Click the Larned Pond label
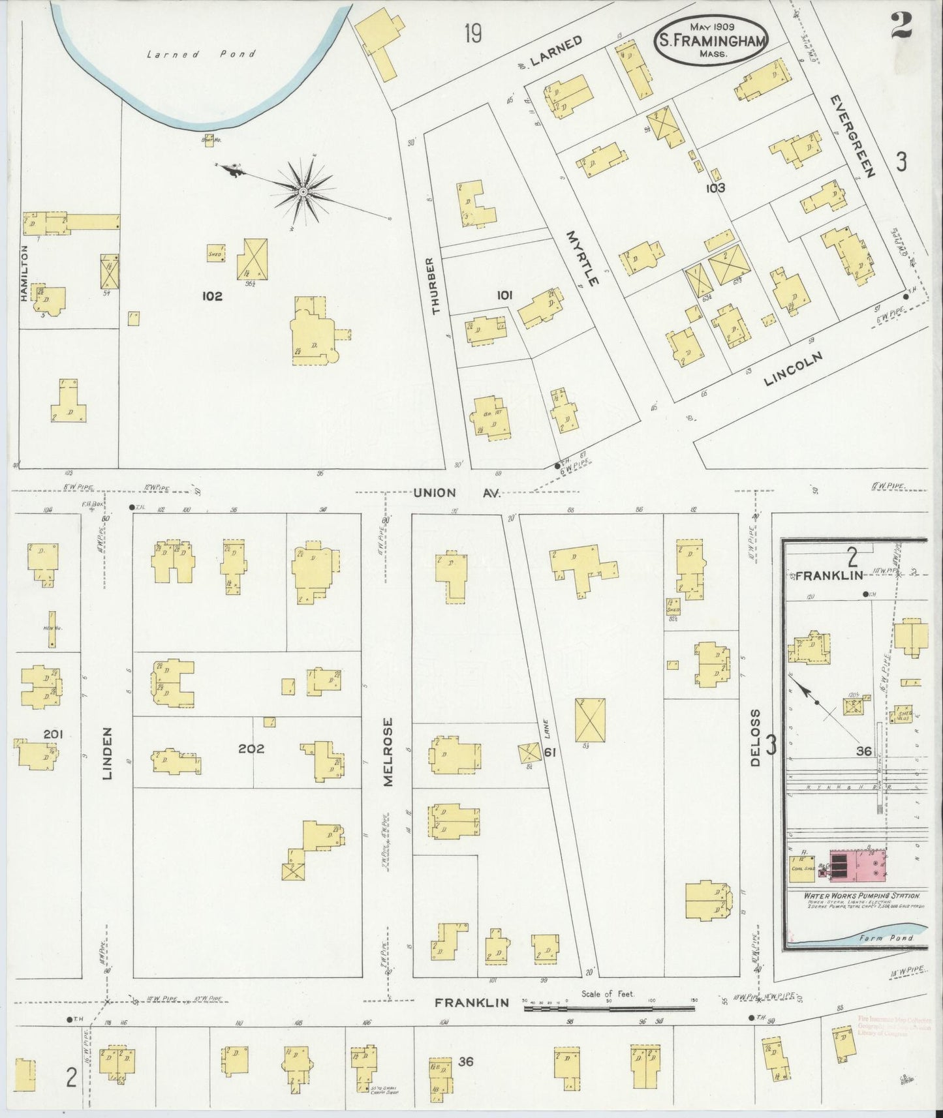(x=201, y=54)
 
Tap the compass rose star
(x=303, y=191)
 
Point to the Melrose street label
(x=388, y=752)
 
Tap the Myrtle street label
(x=582, y=258)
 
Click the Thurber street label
(x=435, y=286)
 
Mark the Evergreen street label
(x=852, y=136)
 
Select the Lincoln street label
(x=792, y=370)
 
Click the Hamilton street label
(x=25, y=273)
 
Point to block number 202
(x=251, y=749)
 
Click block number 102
(x=212, y=296)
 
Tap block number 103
(x=715, y=189)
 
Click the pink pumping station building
(x=857, y=868)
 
